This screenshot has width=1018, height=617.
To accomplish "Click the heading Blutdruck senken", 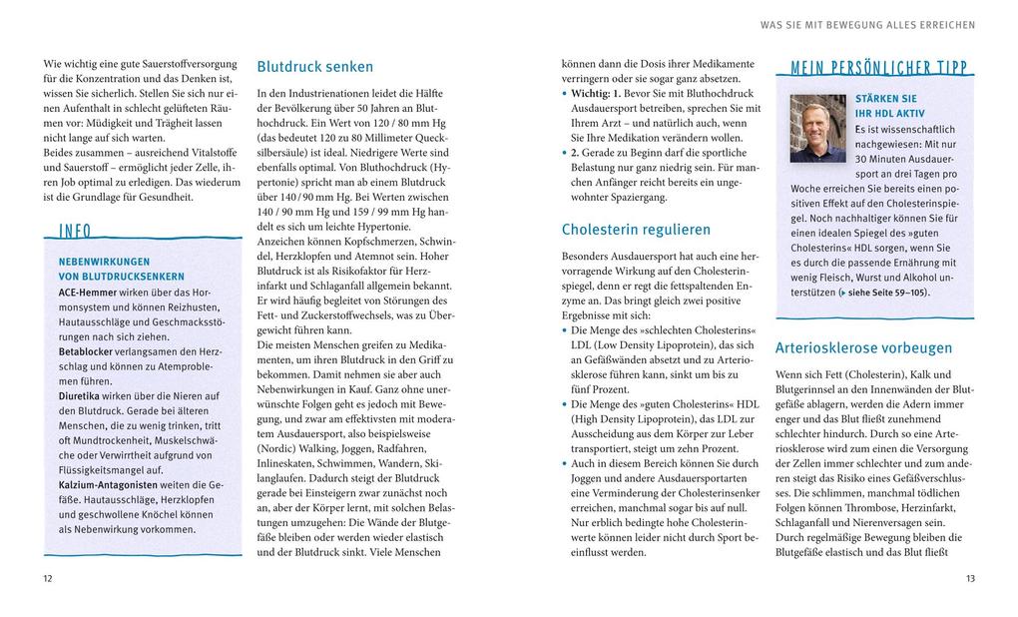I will point(314,68).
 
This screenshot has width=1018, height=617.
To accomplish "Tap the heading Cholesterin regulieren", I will point(636,230).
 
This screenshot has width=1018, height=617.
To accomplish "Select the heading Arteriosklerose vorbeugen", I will point(863,348).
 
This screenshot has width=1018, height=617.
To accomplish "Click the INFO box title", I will point(75,232).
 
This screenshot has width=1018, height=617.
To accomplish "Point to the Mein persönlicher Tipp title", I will point(879,69).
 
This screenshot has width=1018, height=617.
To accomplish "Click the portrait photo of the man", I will point(817,129).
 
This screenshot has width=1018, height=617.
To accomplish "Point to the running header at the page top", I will point(867,24).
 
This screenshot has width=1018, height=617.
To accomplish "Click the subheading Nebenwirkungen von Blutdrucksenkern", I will point(121,269).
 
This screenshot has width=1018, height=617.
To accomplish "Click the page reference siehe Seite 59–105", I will point(885,294).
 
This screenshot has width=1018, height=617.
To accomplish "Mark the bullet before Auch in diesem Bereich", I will point(565,464).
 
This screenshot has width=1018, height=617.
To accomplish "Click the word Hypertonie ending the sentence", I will point(395,228).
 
